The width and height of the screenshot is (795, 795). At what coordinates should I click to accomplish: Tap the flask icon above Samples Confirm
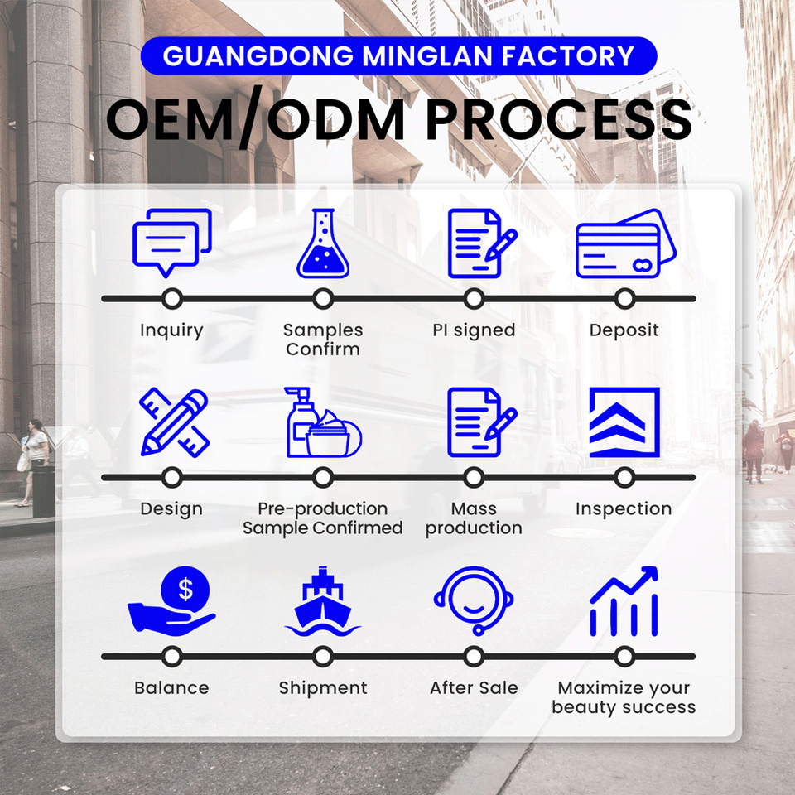coord(323,243)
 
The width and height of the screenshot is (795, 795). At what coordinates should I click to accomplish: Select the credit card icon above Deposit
coord(625,245)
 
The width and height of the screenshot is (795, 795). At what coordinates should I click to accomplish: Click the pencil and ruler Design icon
coord(173,422)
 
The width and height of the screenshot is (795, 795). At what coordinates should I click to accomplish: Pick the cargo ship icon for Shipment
coord(323,602)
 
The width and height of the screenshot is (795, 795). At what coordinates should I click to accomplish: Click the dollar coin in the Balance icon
coord(185,589)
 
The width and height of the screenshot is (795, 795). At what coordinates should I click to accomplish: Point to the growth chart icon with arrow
coord(624,602)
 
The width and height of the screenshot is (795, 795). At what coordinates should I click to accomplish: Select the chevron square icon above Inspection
coord(624,422)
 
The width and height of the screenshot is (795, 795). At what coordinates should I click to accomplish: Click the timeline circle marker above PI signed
coord(474,299)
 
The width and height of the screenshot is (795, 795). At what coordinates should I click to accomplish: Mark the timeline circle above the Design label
coord(172,478)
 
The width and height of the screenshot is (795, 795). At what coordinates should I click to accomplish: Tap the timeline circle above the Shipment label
coord(323,657)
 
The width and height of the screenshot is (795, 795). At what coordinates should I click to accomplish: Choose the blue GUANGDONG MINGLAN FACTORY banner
coord(397,56)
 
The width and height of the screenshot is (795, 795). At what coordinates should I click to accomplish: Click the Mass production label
coord(474,518)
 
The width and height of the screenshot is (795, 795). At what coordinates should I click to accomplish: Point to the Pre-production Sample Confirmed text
coord(323,518)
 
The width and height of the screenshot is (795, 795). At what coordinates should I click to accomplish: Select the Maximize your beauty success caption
coord(624,697)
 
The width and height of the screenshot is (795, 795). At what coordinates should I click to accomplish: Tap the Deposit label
coord(624,330)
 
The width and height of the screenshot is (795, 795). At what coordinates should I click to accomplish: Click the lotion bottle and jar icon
coord(323,423)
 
